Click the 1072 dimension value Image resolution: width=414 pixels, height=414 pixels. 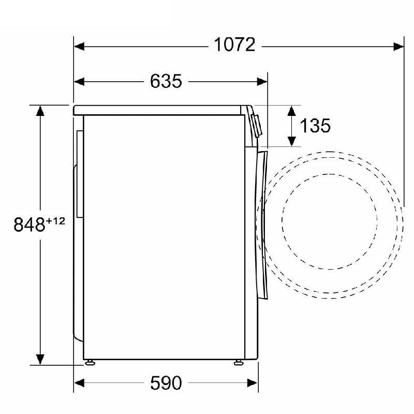234,45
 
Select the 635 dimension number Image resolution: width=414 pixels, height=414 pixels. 166,81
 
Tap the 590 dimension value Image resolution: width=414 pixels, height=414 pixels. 166,383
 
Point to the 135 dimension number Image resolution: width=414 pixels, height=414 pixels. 315,125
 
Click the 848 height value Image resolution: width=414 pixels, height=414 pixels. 29,225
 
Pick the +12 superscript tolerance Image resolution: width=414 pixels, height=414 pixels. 55,221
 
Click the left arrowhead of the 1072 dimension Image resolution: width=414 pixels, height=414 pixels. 79,47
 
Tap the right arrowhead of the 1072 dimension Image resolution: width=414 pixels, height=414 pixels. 398,47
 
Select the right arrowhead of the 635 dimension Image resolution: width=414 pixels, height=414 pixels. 262,82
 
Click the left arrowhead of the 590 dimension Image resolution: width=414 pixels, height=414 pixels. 79,383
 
